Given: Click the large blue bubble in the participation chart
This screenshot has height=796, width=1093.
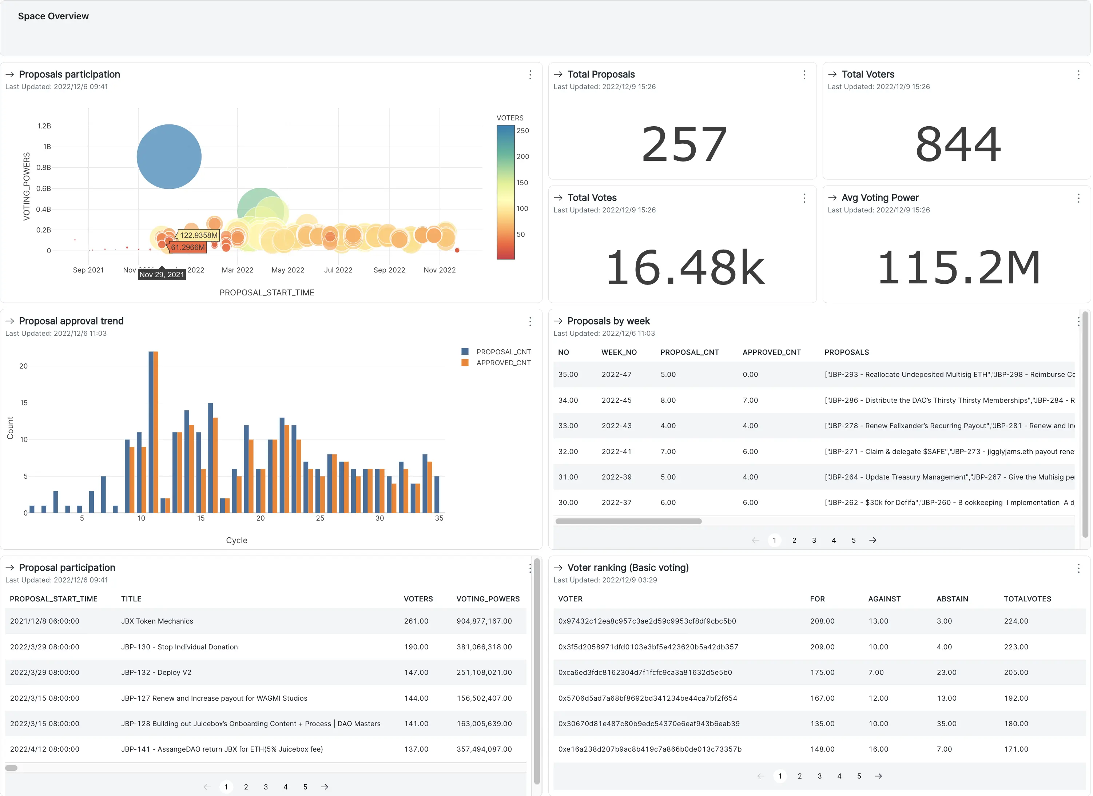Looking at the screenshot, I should (x=169, y=156).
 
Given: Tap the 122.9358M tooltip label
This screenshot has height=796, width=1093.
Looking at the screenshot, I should (x=198, y=235).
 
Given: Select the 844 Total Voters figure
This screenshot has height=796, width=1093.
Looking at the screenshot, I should (x=958, y=144).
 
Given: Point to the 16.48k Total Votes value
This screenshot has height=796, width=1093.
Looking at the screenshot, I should (x=684, y=267).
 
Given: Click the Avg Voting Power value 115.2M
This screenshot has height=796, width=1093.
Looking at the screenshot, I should (x=958, y=267).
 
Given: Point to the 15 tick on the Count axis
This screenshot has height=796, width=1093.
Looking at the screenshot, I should (x=24, y=403).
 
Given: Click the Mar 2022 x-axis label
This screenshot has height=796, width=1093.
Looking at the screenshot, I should (x=237, y=270).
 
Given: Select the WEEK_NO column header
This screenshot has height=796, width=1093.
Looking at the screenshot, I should (x=619, y=352).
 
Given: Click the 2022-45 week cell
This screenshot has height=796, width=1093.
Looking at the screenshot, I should (x=616, y=400).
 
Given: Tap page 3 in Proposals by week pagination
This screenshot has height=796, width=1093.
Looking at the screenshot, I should (x=814, y=540).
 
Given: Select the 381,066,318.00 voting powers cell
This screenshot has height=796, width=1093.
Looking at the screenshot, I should (x=484, y=646).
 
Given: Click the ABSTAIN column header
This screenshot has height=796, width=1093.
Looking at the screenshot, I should (x=952, y=599).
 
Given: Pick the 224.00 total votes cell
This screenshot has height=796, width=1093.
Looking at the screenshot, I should (x=1016, y=621).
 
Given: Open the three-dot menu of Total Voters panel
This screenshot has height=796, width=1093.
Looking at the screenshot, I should (x=1078, y=75).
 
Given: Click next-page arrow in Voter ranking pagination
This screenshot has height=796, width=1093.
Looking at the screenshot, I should (x=878, y=776).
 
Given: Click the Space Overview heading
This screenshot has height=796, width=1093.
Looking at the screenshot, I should (x=53, y=16).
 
